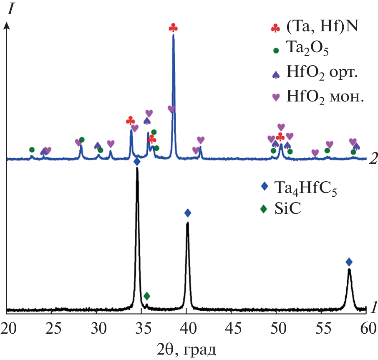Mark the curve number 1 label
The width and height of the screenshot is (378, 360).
374,308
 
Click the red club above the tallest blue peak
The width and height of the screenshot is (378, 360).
173,28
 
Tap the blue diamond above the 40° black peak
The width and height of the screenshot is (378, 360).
188,213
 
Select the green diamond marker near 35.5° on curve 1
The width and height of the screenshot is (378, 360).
146,296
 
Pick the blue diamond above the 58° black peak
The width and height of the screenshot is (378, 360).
349,262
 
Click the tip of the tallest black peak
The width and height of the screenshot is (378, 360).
137,168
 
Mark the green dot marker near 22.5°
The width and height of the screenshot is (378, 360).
32,150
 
